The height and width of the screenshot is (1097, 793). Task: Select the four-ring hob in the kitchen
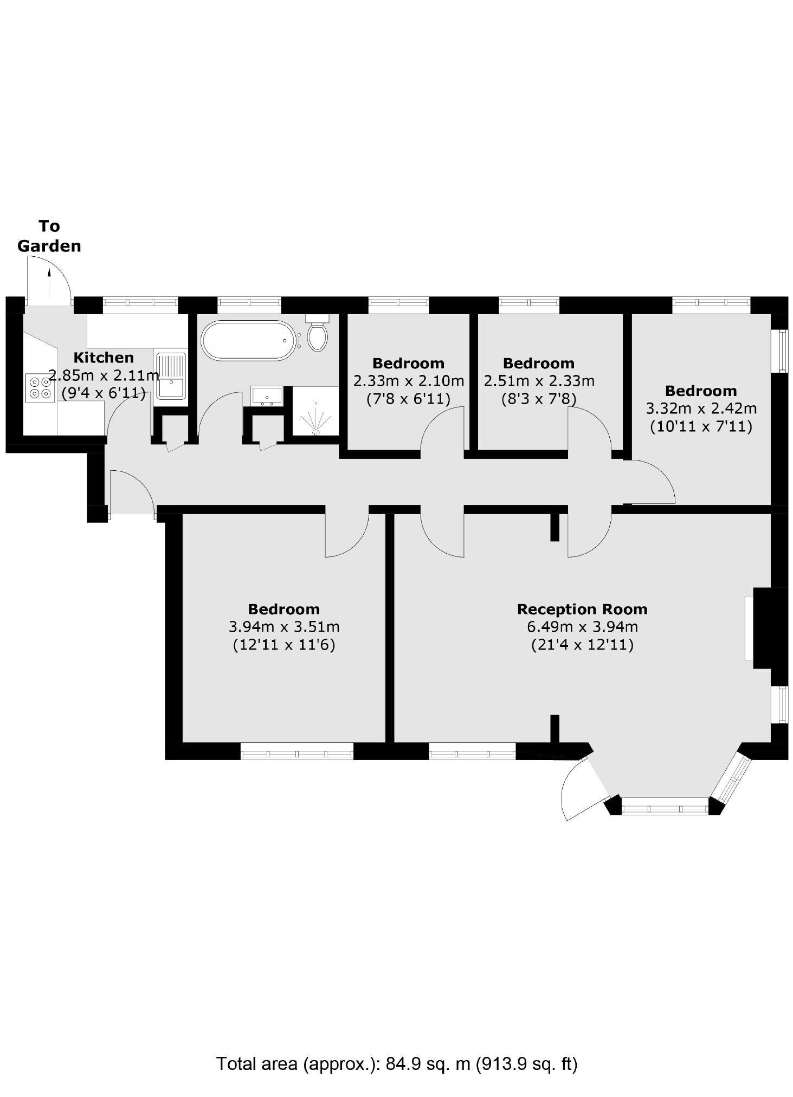(x=40, y=387)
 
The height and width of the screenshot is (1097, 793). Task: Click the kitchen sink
(x=171, y=376)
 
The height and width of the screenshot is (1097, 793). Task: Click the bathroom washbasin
(x=267, y=395)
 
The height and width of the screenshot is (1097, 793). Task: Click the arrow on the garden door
(x=49, y=281)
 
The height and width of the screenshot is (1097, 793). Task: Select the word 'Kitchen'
(x=104, y=358)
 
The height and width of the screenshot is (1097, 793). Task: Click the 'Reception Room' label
(x=582, y=609)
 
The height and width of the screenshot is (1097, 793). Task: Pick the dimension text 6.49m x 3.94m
(x=582, y=627)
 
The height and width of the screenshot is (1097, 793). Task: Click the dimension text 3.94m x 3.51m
(x=284, y=627)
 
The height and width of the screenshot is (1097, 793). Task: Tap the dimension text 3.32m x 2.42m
(x=701, y=408)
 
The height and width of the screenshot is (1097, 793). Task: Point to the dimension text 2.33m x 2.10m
(x=409, y=381)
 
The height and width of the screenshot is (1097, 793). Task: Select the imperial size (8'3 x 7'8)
(x=539, y=399)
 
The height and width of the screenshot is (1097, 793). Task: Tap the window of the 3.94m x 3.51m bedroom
(x=296, y=751)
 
